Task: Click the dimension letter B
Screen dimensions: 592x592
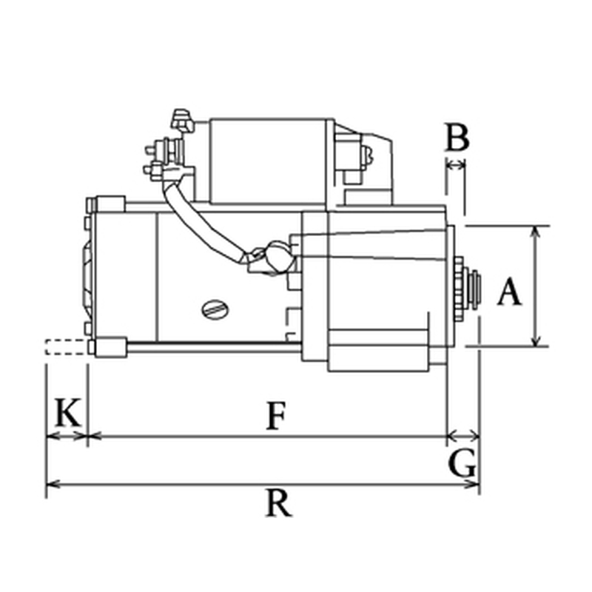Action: click(x=457, y=137)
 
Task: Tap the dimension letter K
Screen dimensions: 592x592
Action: click(x=68, y=412)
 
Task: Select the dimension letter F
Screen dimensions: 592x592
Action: click(x=276, y=416)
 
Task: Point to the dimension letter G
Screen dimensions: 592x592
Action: click(x=462, y=463)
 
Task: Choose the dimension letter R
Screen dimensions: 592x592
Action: click(x=279, y=503)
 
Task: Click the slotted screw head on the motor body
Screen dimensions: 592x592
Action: click(x=215, y=309)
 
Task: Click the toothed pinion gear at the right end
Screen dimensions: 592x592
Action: click(x=459, y=289)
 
